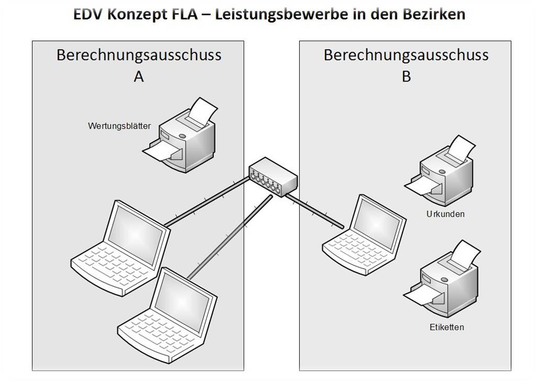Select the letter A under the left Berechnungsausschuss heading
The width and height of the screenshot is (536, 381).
click(x=139, y=76)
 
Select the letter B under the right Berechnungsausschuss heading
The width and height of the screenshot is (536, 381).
click(x=406, y=76)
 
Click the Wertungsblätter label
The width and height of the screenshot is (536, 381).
click(x=119, y=126)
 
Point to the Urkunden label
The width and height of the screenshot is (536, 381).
click(x=446, y=214)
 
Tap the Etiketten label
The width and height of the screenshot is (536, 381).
click(x=447, y=327)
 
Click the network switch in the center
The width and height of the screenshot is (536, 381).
click(x=273, y=177)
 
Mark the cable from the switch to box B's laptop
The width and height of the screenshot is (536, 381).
click(x=314, y=211)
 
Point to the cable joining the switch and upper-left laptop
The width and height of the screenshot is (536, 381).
click(x=207, y=202)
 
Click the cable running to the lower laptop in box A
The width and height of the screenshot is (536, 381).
click(x=230, y=237)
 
